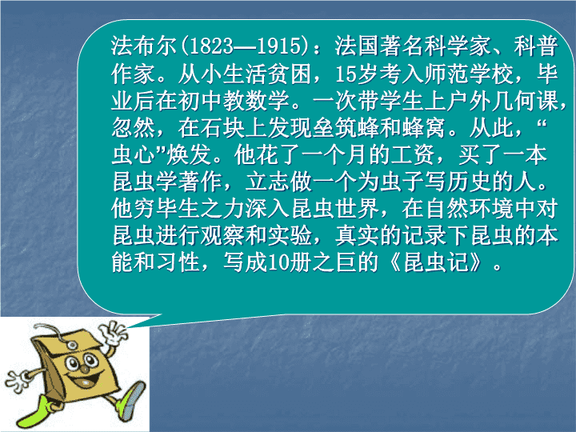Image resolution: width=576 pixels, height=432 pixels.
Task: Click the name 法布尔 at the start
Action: click(x=144, y=46)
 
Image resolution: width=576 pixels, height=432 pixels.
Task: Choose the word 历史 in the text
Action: click(x=469, y=182)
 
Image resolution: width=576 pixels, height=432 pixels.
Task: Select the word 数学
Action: click(x=267, y=101)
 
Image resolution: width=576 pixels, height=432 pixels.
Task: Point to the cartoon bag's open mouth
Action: click(x=87, y=382)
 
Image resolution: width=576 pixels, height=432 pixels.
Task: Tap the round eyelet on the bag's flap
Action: click(x=71, y=345)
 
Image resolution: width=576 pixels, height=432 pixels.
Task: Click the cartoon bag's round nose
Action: click(x=85, y=369)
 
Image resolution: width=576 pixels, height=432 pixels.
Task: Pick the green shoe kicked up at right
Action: click(x=131, y=401)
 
